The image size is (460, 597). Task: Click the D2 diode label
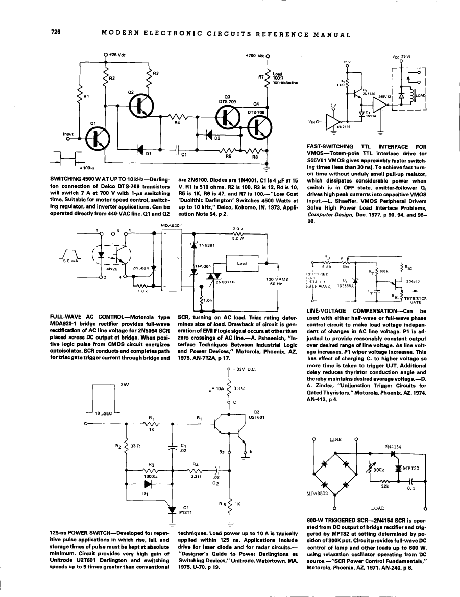click(x=216, y=137)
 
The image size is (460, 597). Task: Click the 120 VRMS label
click(x=278, y=279)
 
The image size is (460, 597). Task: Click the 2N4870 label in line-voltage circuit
click(x=413, y=280)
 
